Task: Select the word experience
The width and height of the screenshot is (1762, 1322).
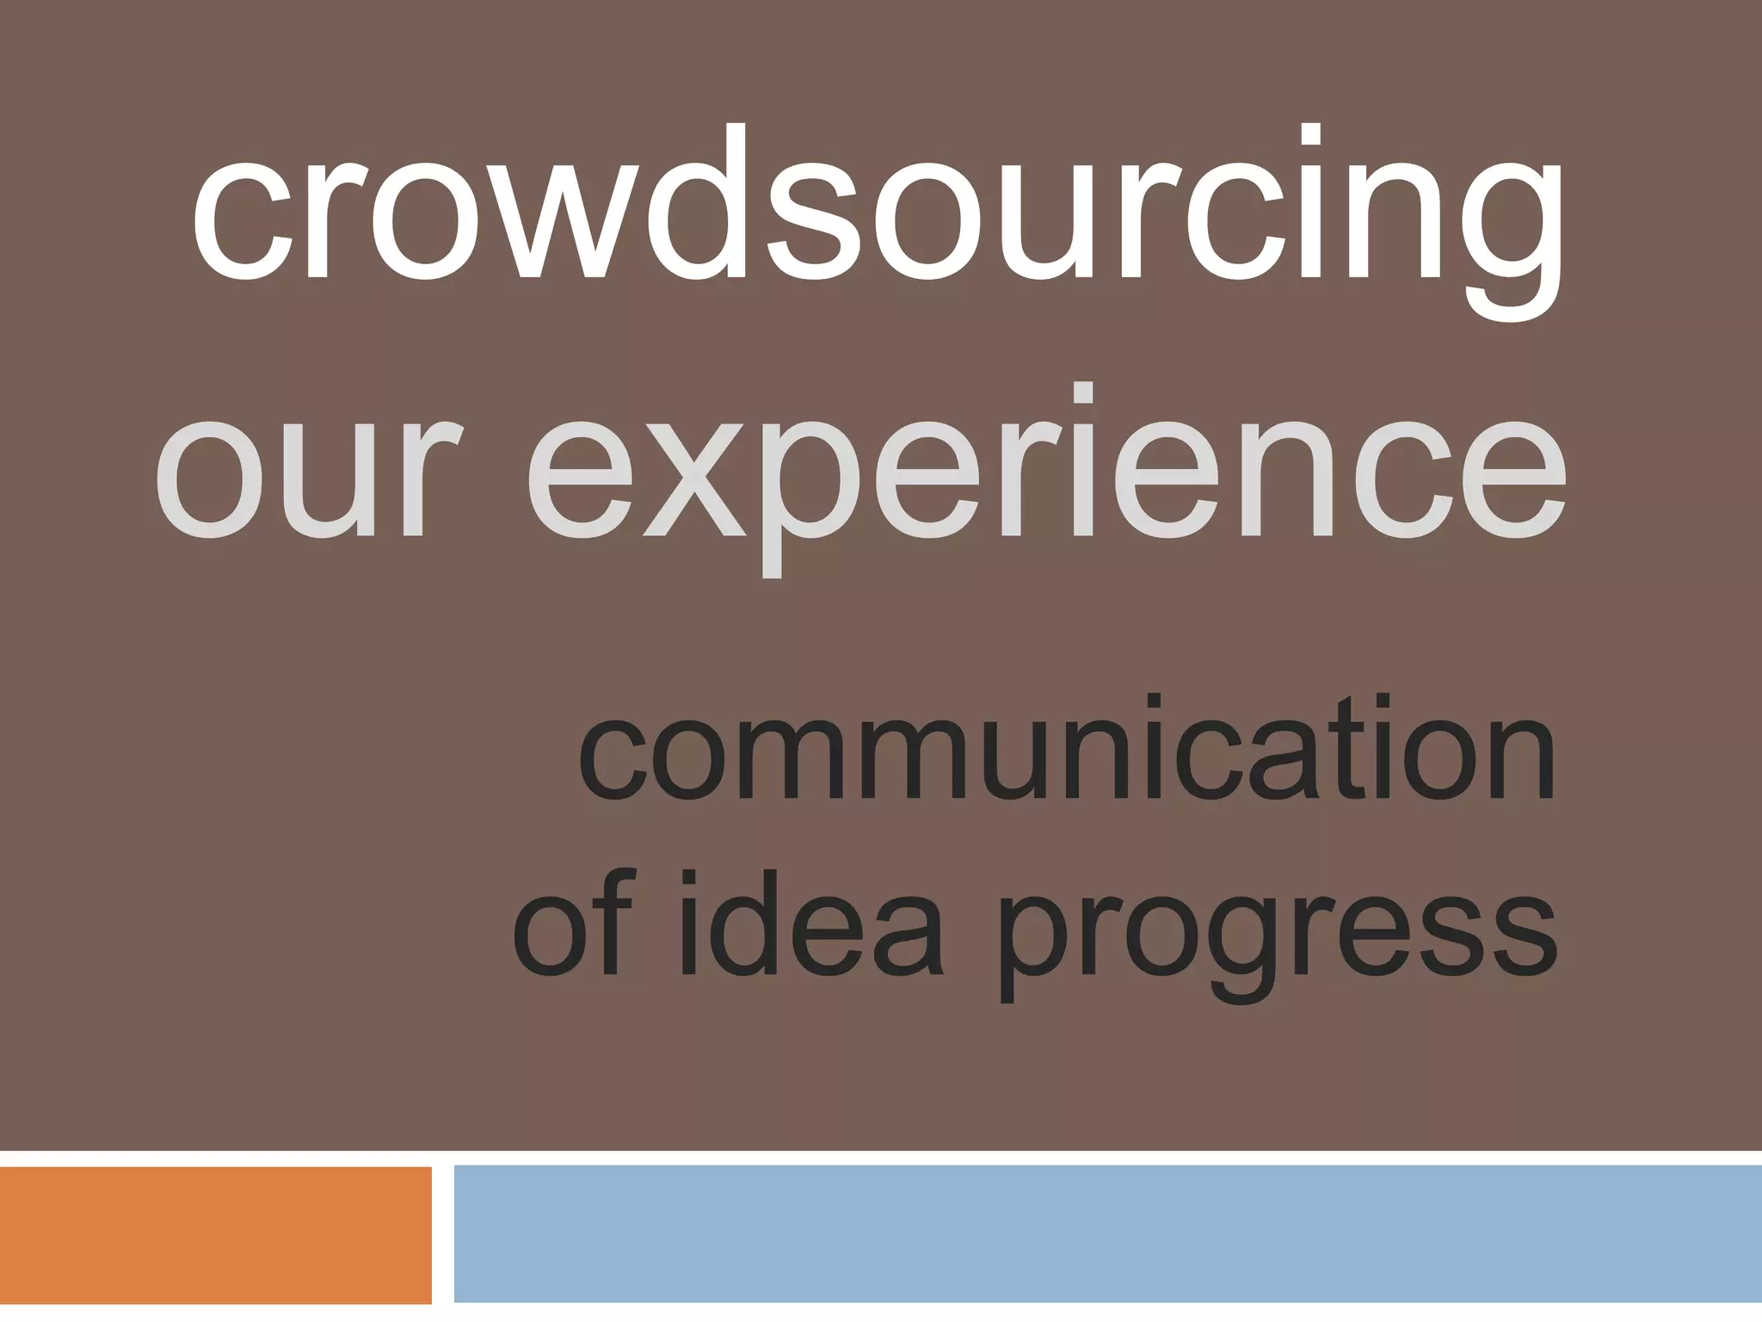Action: pos(1045,478)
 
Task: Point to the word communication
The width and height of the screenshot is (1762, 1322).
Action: pos(1067,747)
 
